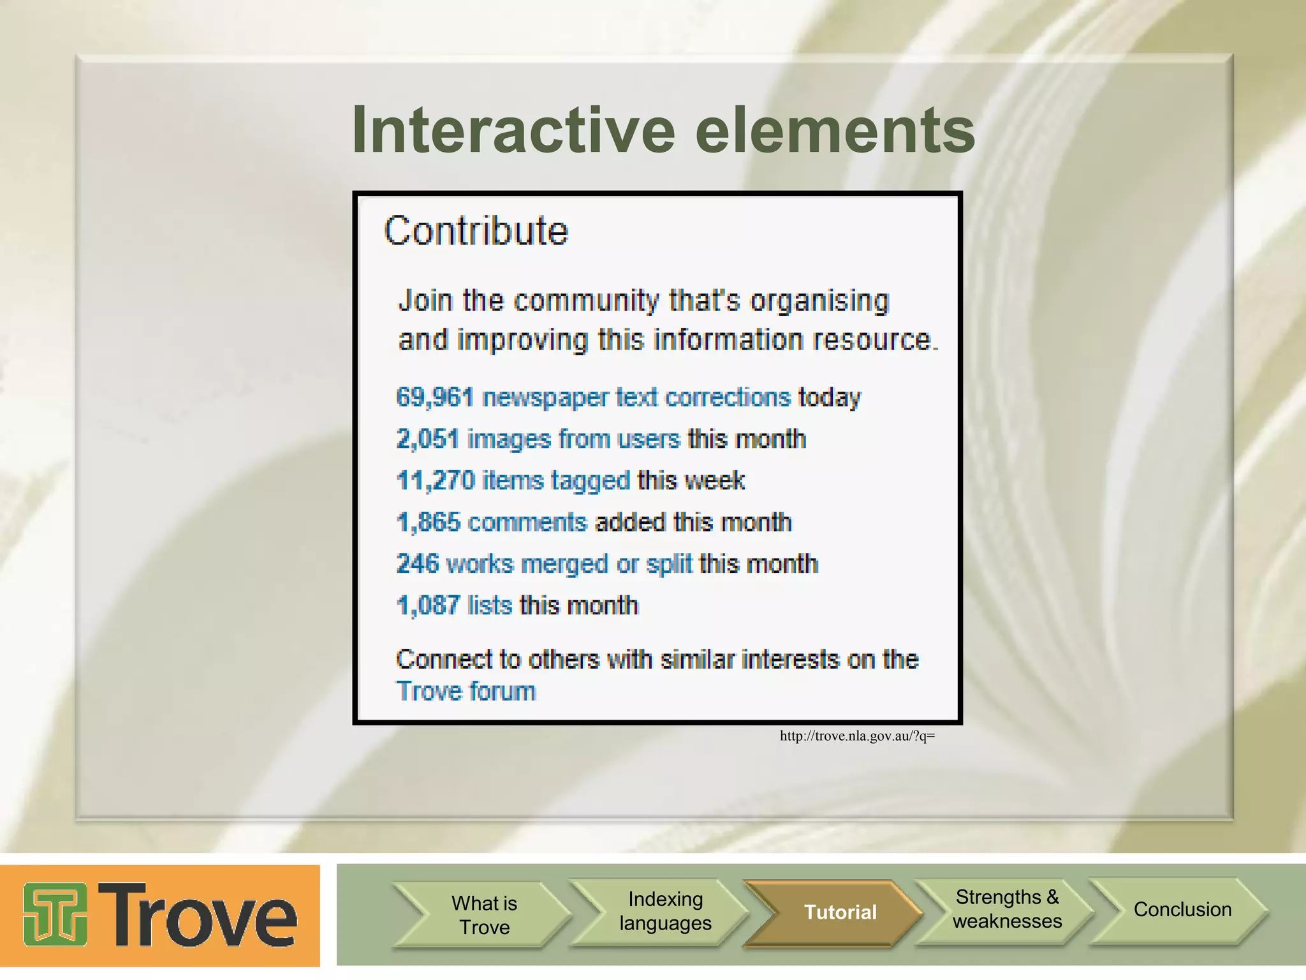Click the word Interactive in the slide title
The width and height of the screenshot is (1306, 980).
click(513, 131)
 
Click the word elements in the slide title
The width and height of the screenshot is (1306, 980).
click(835, 131)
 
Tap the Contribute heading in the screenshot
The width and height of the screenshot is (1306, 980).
click(476, 231)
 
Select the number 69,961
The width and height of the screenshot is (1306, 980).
click(435, 397)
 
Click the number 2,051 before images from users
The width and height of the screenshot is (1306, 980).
click(427, 440)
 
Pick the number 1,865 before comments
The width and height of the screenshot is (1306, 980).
click(428, 523)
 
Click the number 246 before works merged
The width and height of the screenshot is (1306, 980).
click(417, 564)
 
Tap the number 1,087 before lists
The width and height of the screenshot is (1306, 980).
click(428, 605)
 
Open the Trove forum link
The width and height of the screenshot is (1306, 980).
click(466, 692)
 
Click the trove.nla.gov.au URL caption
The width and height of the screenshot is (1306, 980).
click(856, 736)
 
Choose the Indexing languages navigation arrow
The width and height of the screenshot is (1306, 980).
click(664, 911)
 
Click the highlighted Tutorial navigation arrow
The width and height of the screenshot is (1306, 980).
click(839, 912)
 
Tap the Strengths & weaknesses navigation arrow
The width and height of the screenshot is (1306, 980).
click(1006, 909)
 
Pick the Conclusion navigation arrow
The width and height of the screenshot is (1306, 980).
click(1182, 909)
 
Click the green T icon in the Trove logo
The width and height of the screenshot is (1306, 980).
click(55, 915)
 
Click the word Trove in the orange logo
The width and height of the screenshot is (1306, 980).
click(198, 915)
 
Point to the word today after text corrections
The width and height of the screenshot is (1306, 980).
click(829, 397)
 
